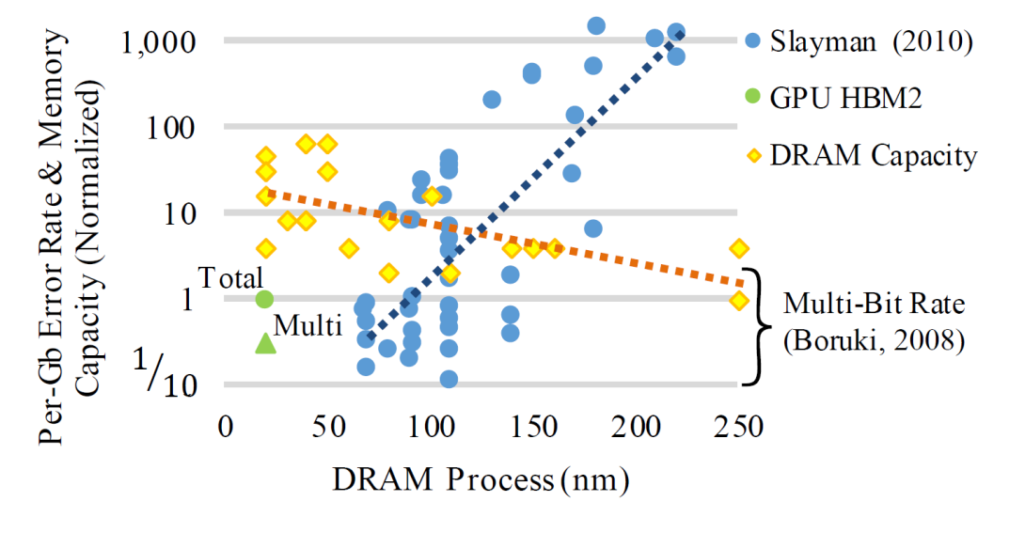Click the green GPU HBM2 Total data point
(x=264, y=299)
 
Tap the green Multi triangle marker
(x=265, y=342)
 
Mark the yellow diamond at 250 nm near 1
(x=739, y=300)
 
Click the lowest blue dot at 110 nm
(x=449, y=379)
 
